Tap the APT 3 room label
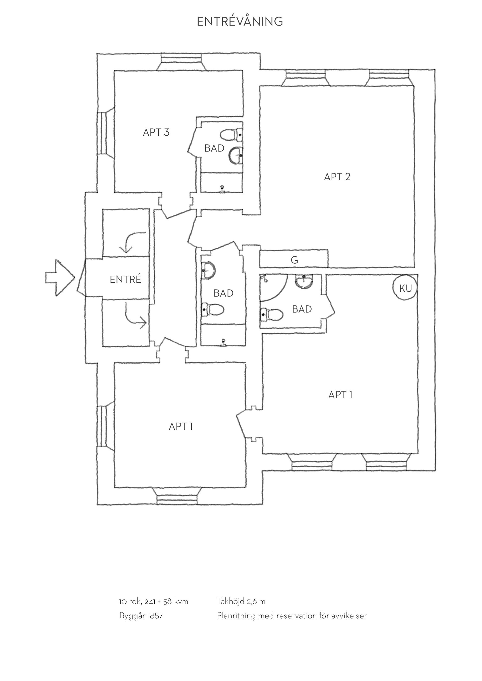click(156, 132)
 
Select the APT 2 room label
click(337, 177)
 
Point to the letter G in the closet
click(294, 260)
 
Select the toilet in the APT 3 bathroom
click(231, 135)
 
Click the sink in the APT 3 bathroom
click(236, 155)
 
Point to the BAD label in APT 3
click(214, 148)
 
